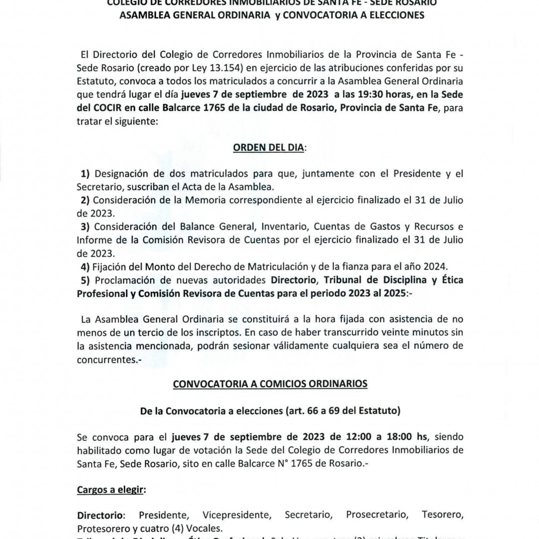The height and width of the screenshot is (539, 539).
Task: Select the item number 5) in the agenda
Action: click(85, 280)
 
